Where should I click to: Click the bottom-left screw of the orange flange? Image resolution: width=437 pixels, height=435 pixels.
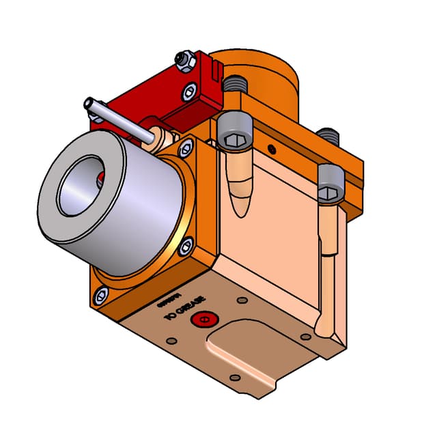101,295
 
